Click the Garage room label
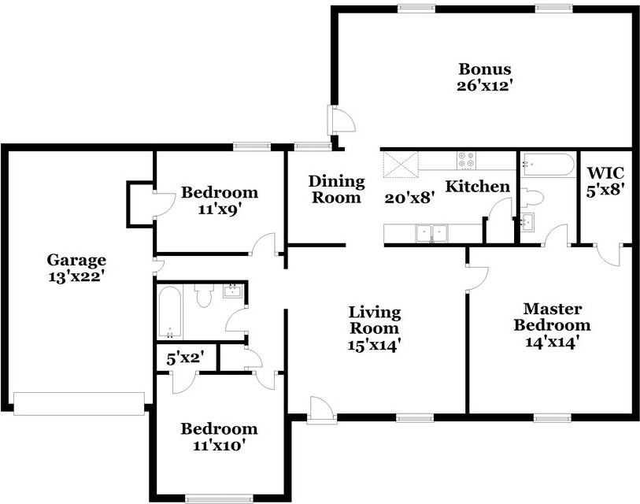tap(76, 260)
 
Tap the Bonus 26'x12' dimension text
tap(484, 86)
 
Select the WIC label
tap(605, 172)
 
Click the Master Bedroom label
tap(553, 317)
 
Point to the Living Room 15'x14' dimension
tap(372, 346)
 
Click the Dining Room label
tap(336, 189)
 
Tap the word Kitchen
tap(478, 186)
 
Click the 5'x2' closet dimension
tap(185, 359)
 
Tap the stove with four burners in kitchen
tap(466, 161)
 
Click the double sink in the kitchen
tap(432, 234)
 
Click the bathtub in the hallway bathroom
tap(169, 312)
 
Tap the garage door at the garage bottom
tap(80, 404)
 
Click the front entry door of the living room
tap(322, 409)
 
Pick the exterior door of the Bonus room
tap(341, 119)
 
